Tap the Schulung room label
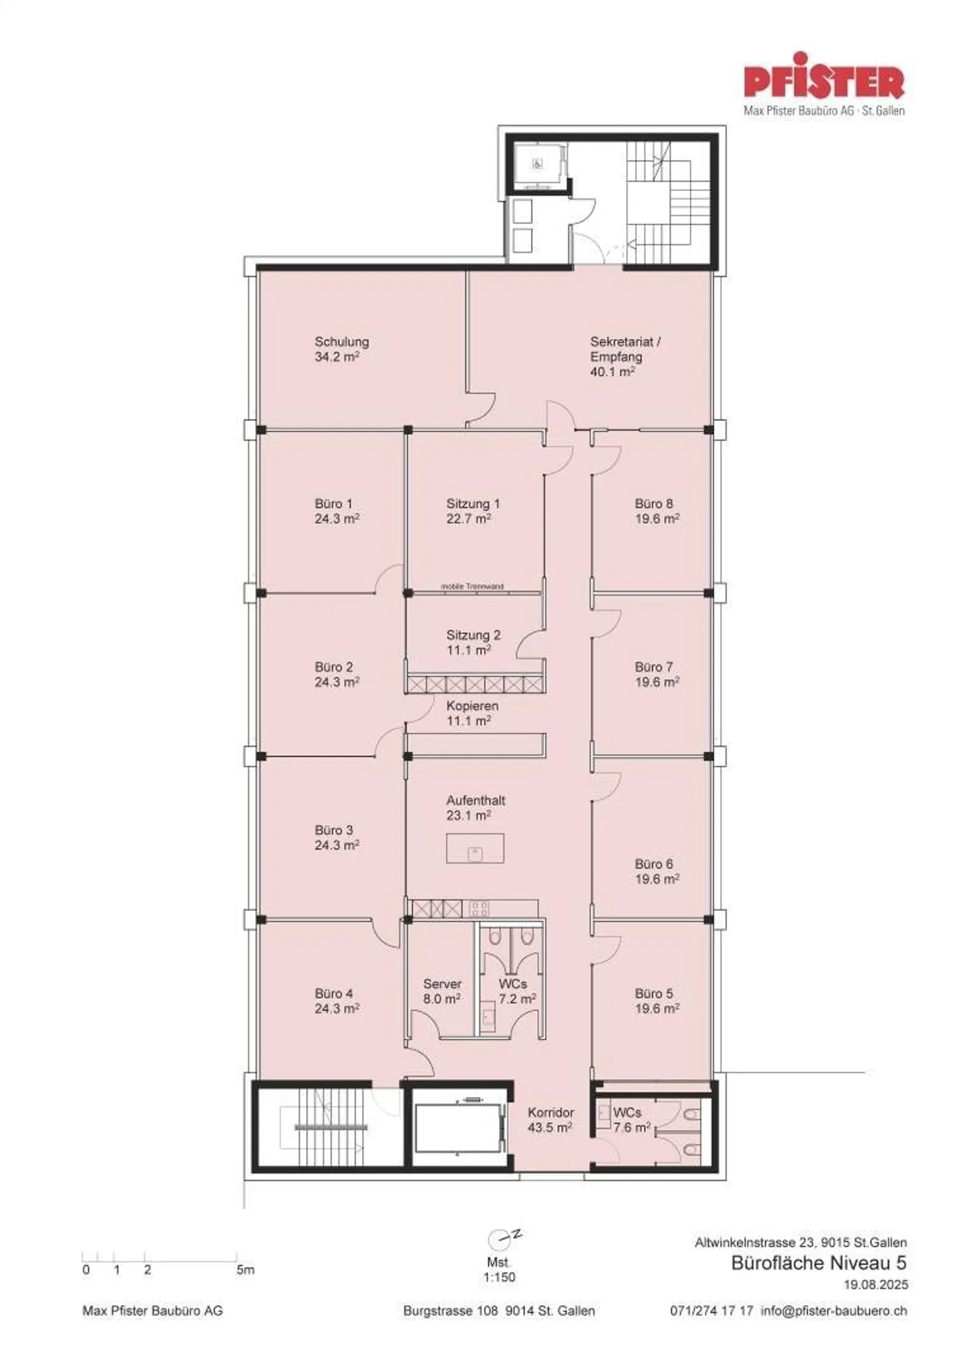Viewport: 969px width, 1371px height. pyautogui.click(x=341, y=342)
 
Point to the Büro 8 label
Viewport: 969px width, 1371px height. pyautogui.click(x=653, y=504)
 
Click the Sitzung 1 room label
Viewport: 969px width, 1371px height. pyautogui.click(x=472, y=504)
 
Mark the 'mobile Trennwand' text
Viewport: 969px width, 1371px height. pyautogui.click(x=472, y=587)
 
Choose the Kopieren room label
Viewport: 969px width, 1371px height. pyautogui.click(x=472, y=706)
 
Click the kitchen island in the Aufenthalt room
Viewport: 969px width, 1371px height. pyautogui.click(x=475, y=848)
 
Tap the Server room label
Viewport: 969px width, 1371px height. pyautogui.click(x=442, y=984)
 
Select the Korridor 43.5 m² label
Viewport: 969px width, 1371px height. pyautogui.click(x=550, y=1120)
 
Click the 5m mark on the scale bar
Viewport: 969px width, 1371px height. pyautogui.click(x=245, y=1270)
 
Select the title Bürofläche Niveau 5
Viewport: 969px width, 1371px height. pyautogui.click(x=819, y=1263)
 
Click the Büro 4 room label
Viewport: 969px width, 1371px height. pyautogui.click(x=333, y=994)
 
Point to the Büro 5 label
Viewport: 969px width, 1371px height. pyautogui.click(x=653, y=994)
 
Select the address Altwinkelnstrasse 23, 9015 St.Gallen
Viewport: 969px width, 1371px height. pyautogui.click(x=800, y=1243)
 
